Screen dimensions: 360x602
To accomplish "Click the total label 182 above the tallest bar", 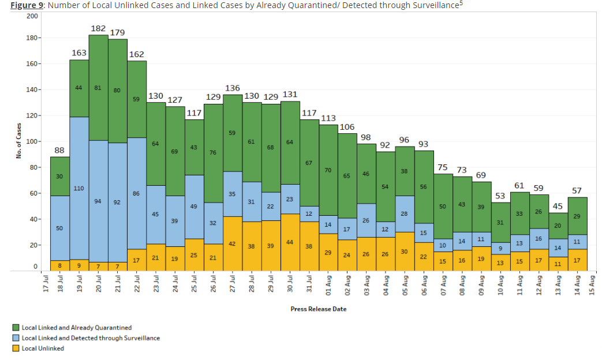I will [98, 28].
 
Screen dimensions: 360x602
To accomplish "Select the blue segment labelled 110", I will [79, 188].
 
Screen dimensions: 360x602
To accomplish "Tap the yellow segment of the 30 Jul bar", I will [290, 242].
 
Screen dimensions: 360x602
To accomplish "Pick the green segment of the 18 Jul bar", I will [60, 176].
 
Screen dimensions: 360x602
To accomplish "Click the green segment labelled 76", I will [213, 153].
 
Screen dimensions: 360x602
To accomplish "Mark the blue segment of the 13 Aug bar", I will [558, 248].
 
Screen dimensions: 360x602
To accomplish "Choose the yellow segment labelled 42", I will [232, 243].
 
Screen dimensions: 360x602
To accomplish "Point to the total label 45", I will [558, 207].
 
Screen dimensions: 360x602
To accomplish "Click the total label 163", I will [79, 53].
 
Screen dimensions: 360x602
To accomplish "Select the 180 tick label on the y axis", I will [31, 38].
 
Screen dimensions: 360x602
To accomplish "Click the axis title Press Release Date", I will [319, 309].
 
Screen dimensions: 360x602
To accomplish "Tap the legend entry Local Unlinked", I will [43, 348].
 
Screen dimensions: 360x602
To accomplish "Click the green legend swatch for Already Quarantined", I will [16, 328].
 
